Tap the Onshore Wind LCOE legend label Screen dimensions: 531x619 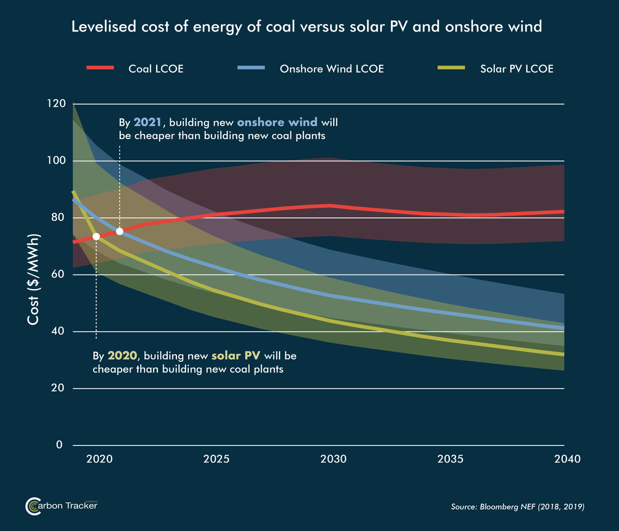coord(331,69)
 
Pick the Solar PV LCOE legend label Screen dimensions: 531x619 coord(516,69)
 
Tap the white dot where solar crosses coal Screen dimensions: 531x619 coord(96,236)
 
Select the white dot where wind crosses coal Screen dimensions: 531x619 coord(120,231)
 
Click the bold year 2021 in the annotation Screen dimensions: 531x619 coord(148,123)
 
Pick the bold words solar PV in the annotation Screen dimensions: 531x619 coord(235,356)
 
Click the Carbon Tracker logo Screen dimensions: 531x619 coord(61,506)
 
